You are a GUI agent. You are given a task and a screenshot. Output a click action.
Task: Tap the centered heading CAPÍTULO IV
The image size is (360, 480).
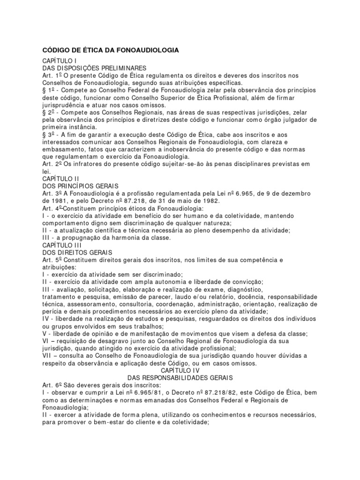tap(180, 370)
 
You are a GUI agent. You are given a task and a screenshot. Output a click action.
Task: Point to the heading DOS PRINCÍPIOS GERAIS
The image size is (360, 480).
tap(74, 186)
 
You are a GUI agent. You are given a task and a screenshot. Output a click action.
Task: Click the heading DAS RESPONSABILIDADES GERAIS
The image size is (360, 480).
tap(180, 377)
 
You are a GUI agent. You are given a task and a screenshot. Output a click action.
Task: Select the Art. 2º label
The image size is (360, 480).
tap(52, 164)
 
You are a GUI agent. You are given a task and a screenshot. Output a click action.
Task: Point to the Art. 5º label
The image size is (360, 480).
tap(52, 260)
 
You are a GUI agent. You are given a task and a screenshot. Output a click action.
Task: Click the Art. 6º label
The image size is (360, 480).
tap(52, 385)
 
